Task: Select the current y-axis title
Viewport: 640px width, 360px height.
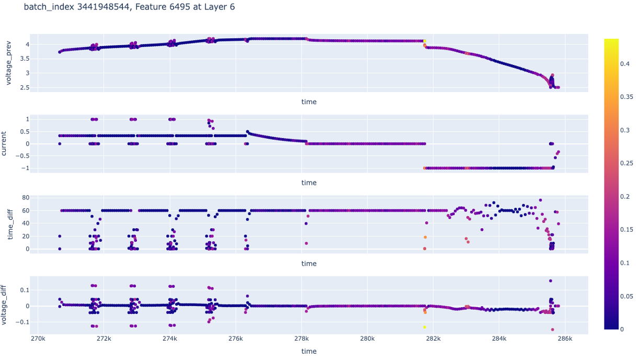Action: [4, 143]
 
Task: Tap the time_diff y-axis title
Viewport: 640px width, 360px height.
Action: [11, 224]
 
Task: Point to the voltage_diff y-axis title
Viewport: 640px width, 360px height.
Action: [4, 305]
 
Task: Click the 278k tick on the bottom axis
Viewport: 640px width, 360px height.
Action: [302, 339]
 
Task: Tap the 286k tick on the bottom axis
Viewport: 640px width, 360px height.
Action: [565, 339]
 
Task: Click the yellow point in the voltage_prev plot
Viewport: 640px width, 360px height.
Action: [425, 41]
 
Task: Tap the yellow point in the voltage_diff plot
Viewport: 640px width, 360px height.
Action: [425, 327]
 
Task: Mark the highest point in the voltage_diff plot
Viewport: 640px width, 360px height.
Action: [551, 281]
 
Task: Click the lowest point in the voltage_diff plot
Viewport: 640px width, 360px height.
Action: [552, 330]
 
